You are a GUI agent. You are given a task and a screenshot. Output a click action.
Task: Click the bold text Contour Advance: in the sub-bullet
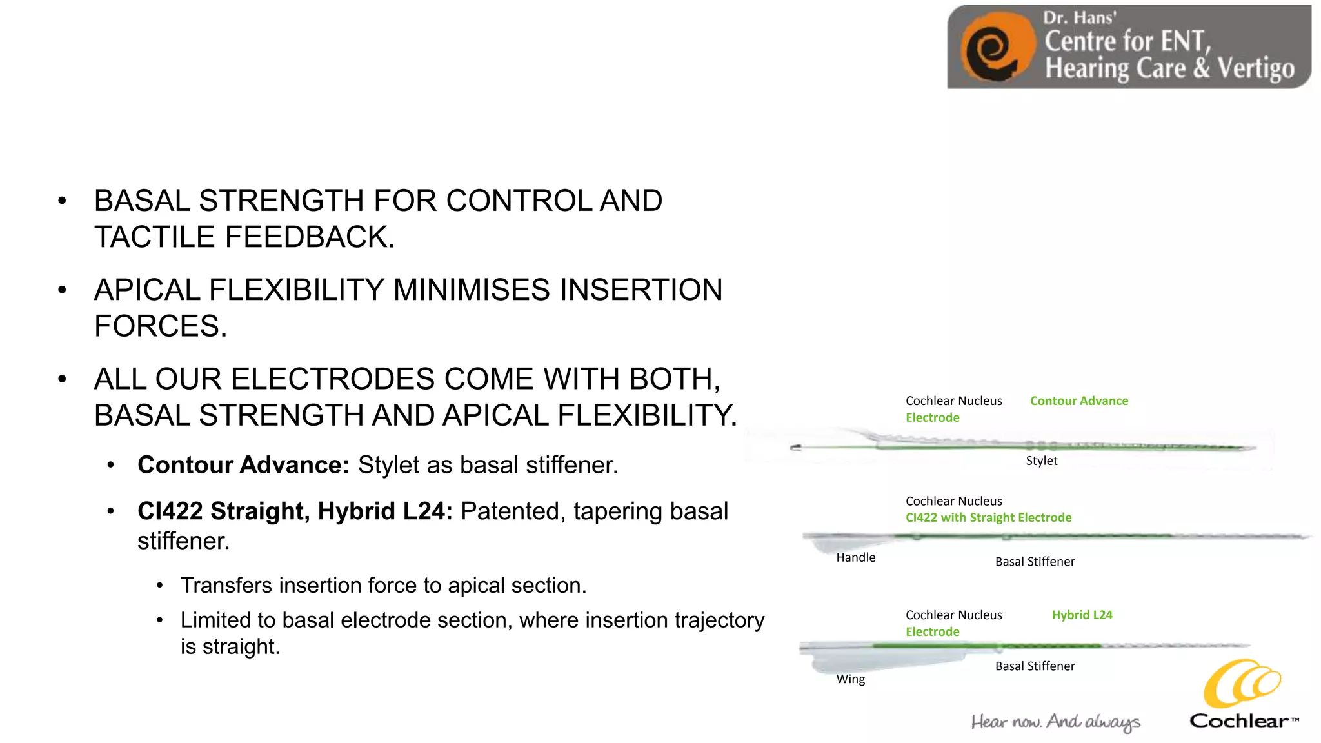[x=243, y=465]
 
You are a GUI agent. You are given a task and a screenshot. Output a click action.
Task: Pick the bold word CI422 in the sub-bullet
[x=170, y=511]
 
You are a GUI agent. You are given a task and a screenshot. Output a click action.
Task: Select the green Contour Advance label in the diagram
[x=1078, y=401]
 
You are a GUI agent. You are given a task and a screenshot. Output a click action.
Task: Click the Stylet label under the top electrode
[x=1041, y=461]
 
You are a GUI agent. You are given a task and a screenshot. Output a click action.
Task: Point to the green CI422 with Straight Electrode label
[x=988, y=517]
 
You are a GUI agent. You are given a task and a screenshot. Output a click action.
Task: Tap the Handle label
[x=855, y=557]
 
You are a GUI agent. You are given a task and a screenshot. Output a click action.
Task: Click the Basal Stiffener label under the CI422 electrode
[x=1035, y=562]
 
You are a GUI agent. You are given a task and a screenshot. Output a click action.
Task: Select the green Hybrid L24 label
[x=1082, y=615]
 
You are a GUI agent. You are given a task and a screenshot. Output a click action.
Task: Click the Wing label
[x=850, y=679]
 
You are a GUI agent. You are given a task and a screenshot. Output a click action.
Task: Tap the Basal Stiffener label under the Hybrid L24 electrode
[x=1035, y=666]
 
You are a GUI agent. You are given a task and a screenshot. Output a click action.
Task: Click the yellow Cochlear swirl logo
[x=1242, y=684]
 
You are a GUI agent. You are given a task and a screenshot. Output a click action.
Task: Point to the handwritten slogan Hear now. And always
[x=1055, y=722]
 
